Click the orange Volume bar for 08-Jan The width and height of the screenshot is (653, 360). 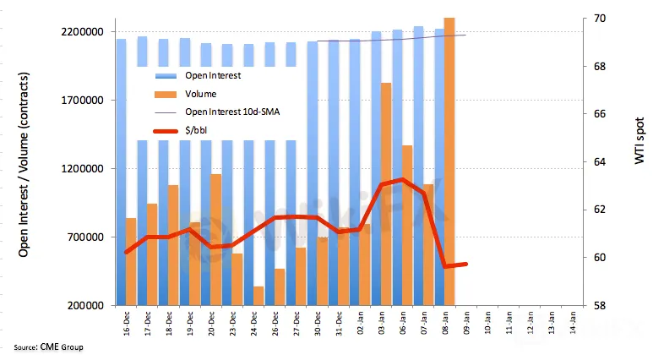[x=449, y=161]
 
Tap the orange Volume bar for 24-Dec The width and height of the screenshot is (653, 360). [x=258, y=295]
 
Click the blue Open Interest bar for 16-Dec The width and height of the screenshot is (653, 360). [x=121, y=169]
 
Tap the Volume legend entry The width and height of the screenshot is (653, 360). [x=200, y=94]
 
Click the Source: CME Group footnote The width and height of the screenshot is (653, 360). [x=48, y=346]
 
